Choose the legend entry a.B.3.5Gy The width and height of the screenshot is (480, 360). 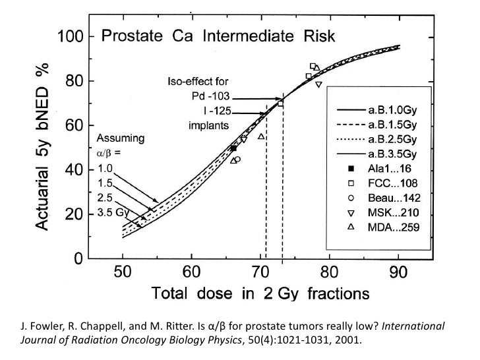(397, 154)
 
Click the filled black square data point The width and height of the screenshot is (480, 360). (233, 148)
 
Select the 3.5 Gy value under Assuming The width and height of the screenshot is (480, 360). (113, 212)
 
